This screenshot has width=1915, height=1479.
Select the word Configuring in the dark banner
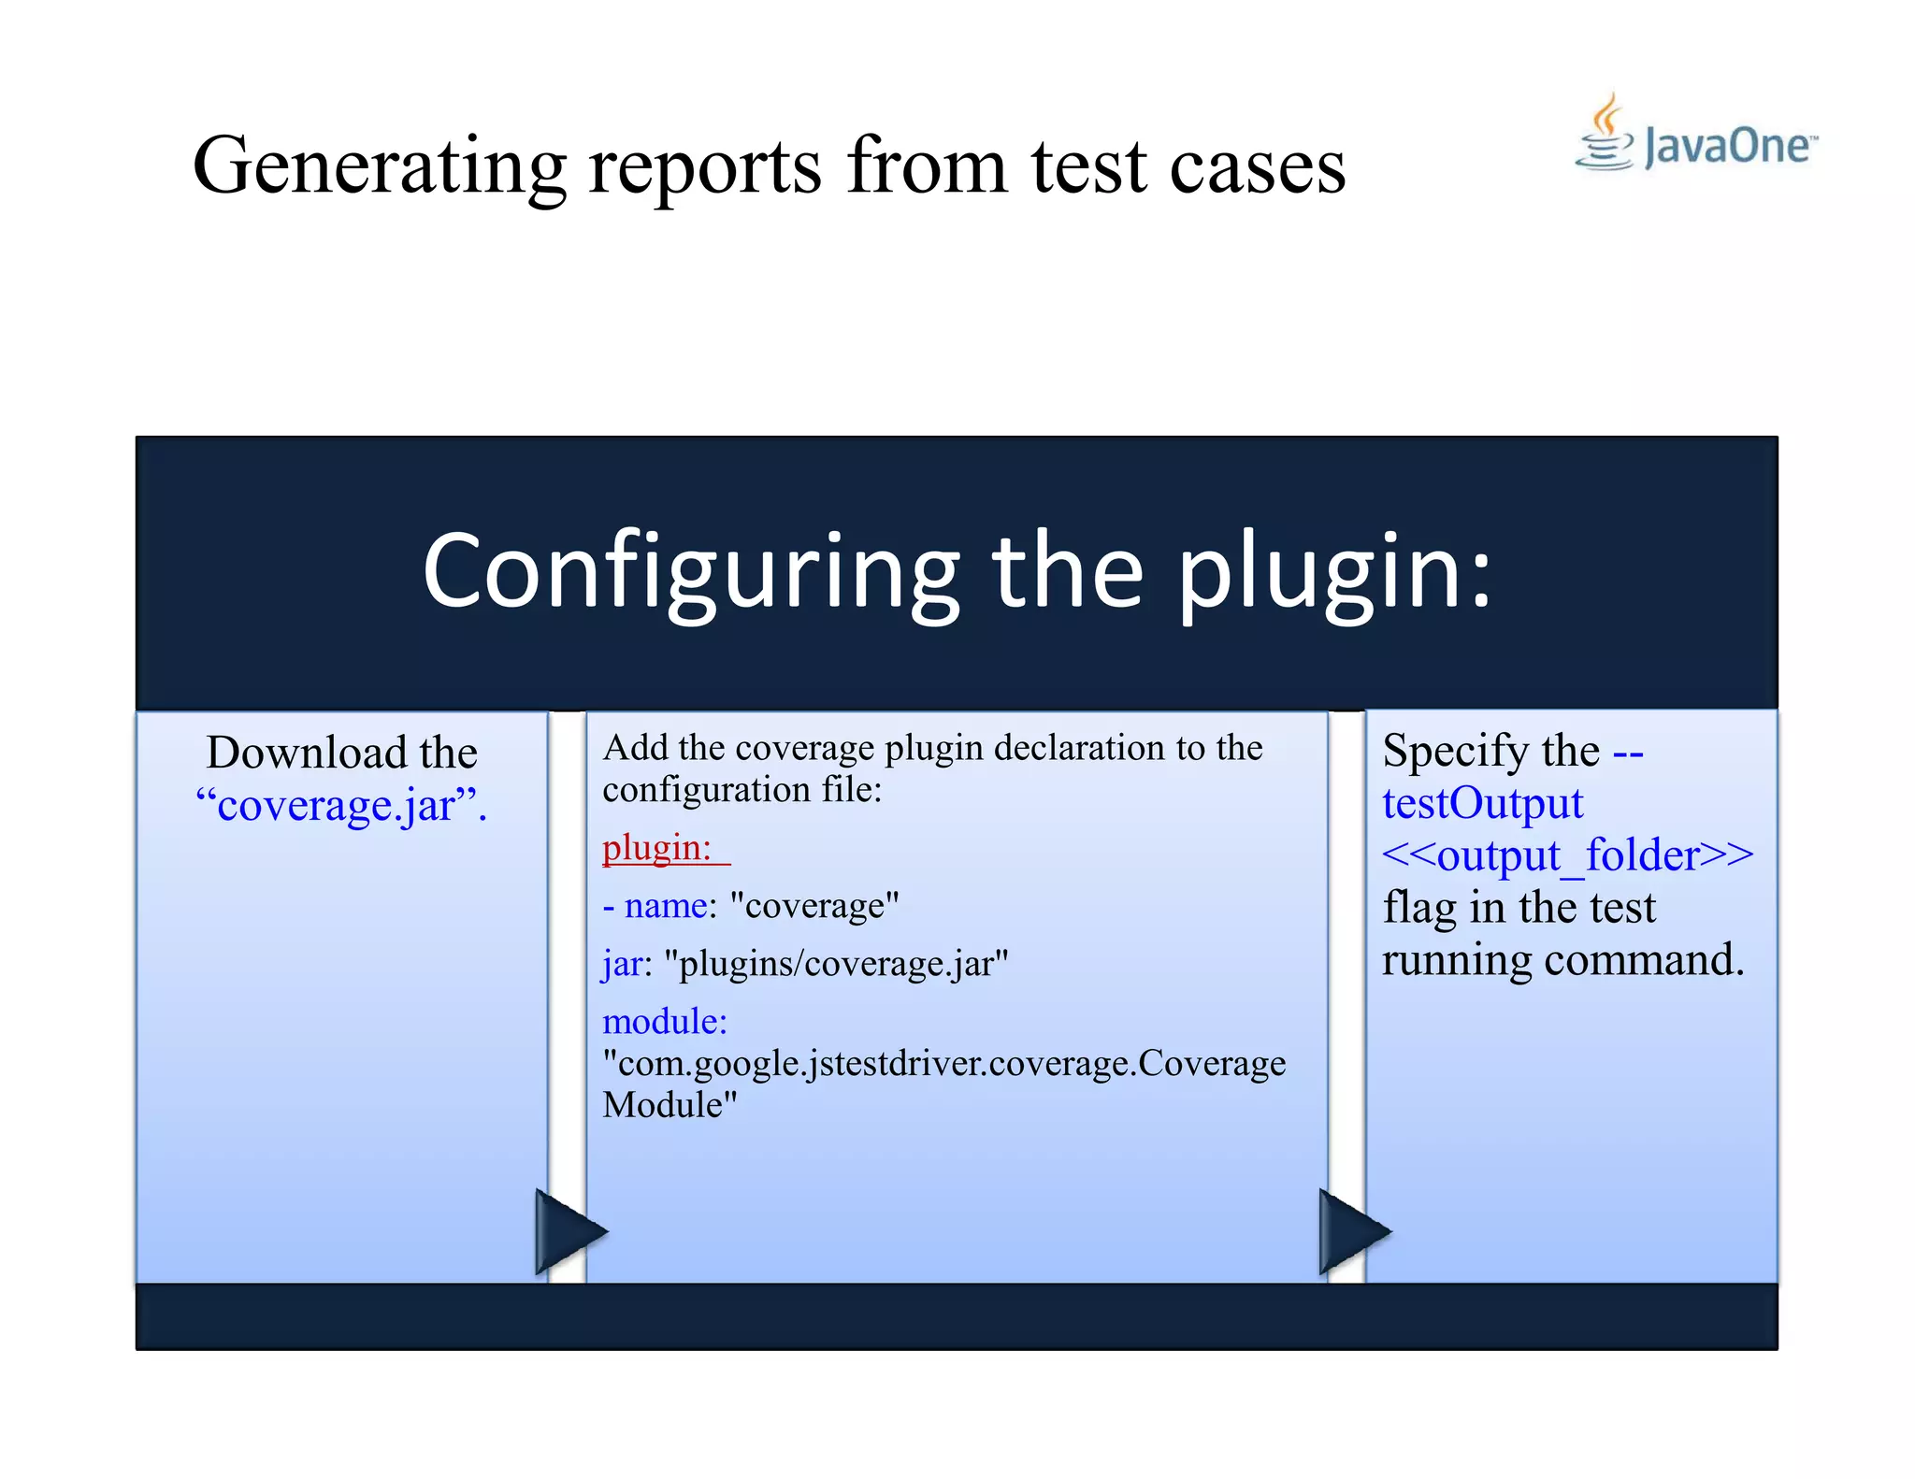[690, 571]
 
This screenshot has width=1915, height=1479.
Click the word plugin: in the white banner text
[1333, 571]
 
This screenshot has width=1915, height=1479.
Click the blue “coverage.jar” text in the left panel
[341, 805]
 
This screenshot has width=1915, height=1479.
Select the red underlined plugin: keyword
[657, 848]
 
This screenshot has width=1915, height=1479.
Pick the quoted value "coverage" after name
[814, 905]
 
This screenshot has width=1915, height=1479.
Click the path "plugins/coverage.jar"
[836, 963]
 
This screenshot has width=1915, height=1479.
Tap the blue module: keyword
[664, 1021]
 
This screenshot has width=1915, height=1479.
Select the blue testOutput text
[1482, 803]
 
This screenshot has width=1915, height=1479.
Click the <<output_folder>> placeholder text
[1567, 855]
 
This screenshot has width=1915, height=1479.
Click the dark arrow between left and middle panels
[567, 1232]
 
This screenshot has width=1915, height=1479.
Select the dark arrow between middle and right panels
[1349, 1232]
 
